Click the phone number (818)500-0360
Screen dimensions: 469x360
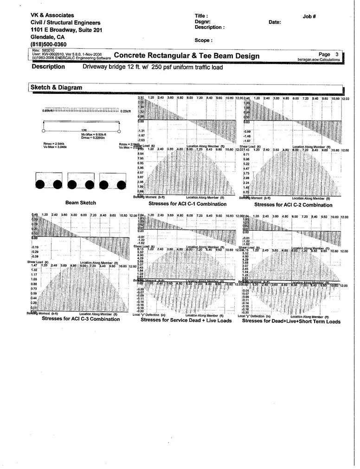[x=52, y=45]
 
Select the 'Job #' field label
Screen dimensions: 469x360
[x=309, y=16]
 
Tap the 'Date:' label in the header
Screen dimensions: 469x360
[x=275, y=22]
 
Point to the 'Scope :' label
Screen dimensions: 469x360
[x=204, y=40]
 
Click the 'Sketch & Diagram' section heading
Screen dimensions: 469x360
[x=56, y=87]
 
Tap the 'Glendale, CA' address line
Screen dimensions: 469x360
[x=48, y=37]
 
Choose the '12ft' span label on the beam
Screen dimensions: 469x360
[x=84, y=130]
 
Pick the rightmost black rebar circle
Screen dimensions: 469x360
[x=121, y=185]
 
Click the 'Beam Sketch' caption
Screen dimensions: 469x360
[x=81, y=203]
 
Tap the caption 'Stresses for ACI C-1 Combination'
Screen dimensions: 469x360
[x=187, y=204]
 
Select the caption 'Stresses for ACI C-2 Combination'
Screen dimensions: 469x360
[x=293, y=205]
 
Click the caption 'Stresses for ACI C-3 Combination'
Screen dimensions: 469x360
[x=81, y=319]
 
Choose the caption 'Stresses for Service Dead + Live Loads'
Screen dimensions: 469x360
[x=186, y=320]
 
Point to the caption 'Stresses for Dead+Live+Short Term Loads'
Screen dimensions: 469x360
[x=291, y=321]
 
